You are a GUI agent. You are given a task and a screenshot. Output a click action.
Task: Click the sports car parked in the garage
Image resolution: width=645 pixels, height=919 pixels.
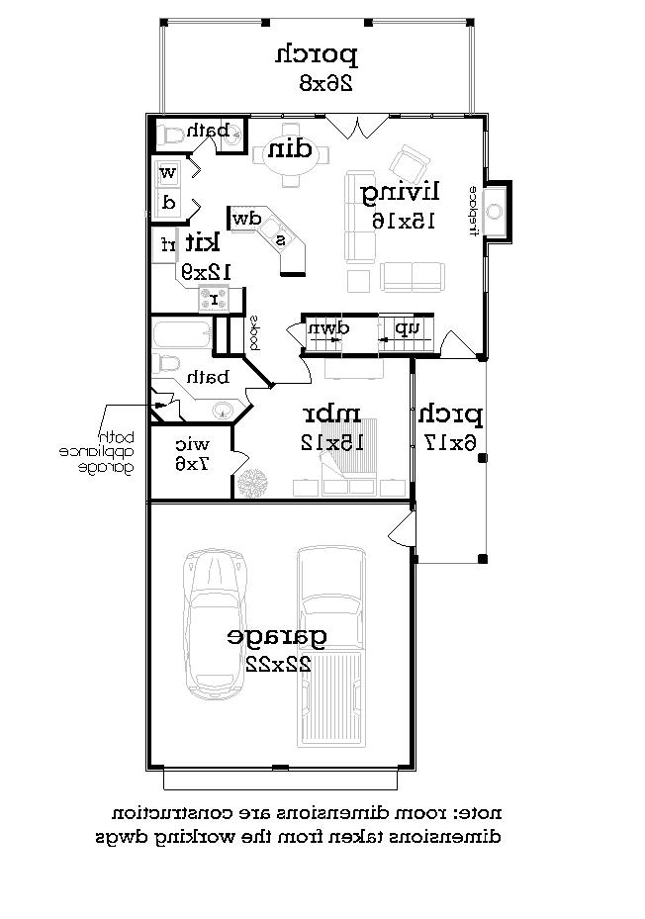215,625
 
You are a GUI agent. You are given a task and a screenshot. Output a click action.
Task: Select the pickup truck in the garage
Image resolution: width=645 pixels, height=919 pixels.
332,648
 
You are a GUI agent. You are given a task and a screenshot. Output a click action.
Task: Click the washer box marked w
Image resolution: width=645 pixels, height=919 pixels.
168,173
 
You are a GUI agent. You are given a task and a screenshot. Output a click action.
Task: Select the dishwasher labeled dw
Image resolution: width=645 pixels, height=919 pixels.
245,218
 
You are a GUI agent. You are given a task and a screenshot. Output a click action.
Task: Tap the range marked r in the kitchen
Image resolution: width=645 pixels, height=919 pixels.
214,298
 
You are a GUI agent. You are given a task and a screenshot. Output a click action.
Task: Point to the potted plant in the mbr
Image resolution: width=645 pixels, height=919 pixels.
254,482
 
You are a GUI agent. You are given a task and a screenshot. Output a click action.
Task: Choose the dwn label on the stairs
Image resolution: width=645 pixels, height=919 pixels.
327,328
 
